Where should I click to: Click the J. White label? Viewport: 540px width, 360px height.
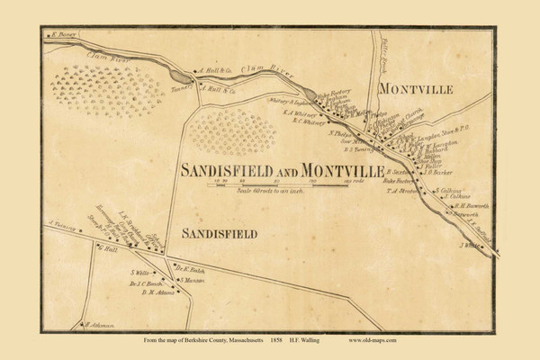pyautogui.click(x=470, y=244)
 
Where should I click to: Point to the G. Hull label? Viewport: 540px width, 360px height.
pyautogui.click(x=107, y=249)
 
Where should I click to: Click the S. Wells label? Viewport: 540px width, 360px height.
pyautogui.click(x=139, y=272)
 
